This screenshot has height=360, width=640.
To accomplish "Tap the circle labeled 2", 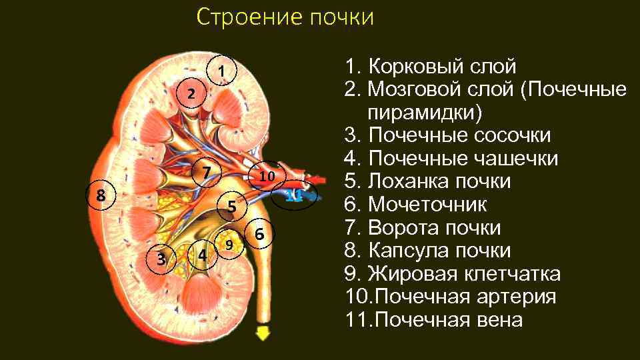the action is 191,94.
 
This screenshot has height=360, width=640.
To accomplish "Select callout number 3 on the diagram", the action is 161,258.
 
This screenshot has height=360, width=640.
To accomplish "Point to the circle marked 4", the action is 202,254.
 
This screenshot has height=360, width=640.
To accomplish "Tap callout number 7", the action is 207,173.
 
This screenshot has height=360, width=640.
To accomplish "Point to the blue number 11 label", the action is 294,195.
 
